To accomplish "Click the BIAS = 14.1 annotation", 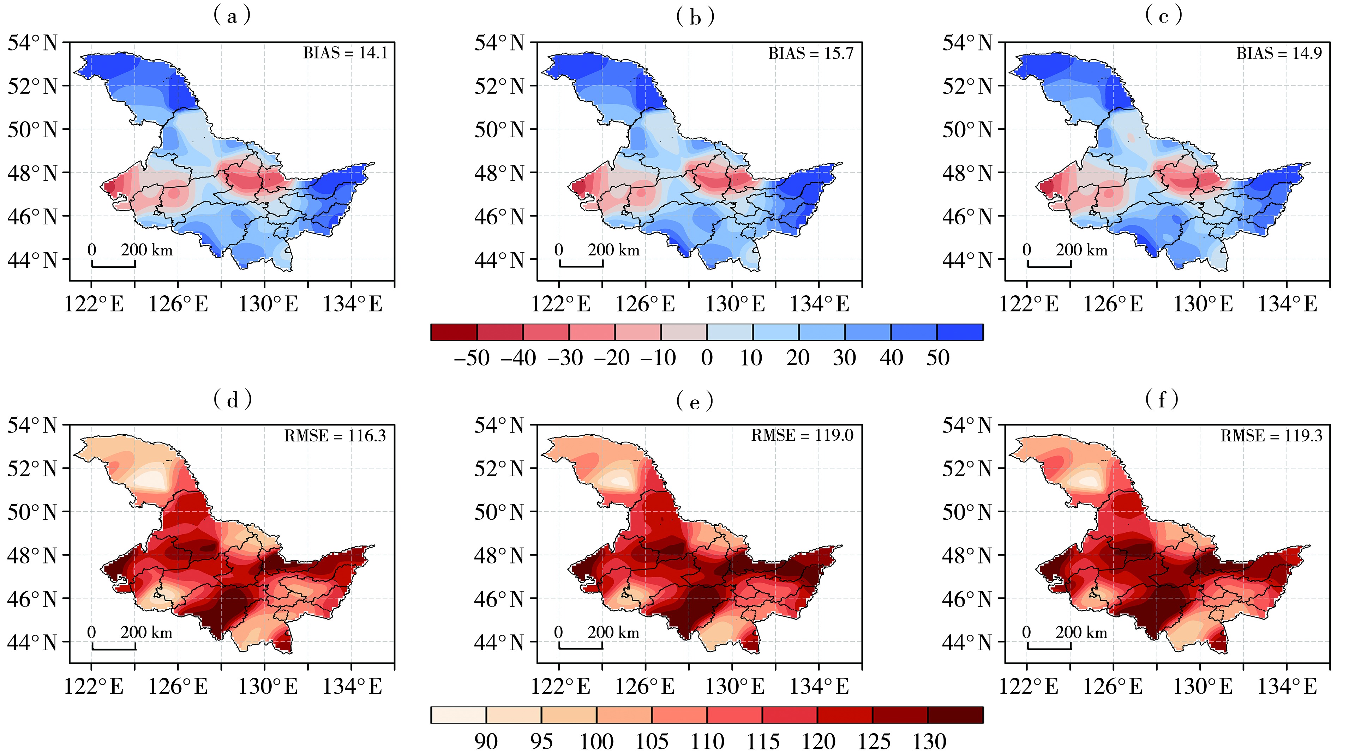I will [x=345, y=53].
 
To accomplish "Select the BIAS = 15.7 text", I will [x=811, y=53].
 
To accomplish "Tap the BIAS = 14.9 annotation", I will [x=1279, y=53].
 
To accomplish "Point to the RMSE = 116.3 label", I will [x=335, y=436].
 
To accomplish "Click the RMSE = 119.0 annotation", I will [x=802, y=436].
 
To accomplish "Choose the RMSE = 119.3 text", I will [x=1271, y=436].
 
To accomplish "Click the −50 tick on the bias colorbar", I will [x=471, y=358].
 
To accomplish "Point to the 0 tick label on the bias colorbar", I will [x=707, y=358].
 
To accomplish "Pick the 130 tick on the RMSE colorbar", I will [x=930, y=741].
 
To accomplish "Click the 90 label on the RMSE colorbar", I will [x=486, y=741].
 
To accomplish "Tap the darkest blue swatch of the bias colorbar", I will [x=960, y=332].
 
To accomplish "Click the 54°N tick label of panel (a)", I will [x=32, y=43].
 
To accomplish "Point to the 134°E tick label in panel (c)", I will [x=1287, y=304].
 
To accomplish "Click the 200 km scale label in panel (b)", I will [x=614, y=250].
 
